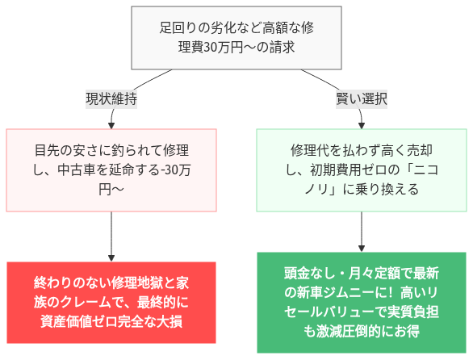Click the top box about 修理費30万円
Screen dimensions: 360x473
pos(236,38)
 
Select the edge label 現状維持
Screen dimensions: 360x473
pos(111,99)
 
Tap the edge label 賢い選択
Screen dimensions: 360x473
pos(361,99)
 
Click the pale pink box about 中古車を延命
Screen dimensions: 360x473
pos(111,170)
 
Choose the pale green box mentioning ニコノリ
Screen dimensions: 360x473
pos(361,170)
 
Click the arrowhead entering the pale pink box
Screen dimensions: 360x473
pos(111,124)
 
